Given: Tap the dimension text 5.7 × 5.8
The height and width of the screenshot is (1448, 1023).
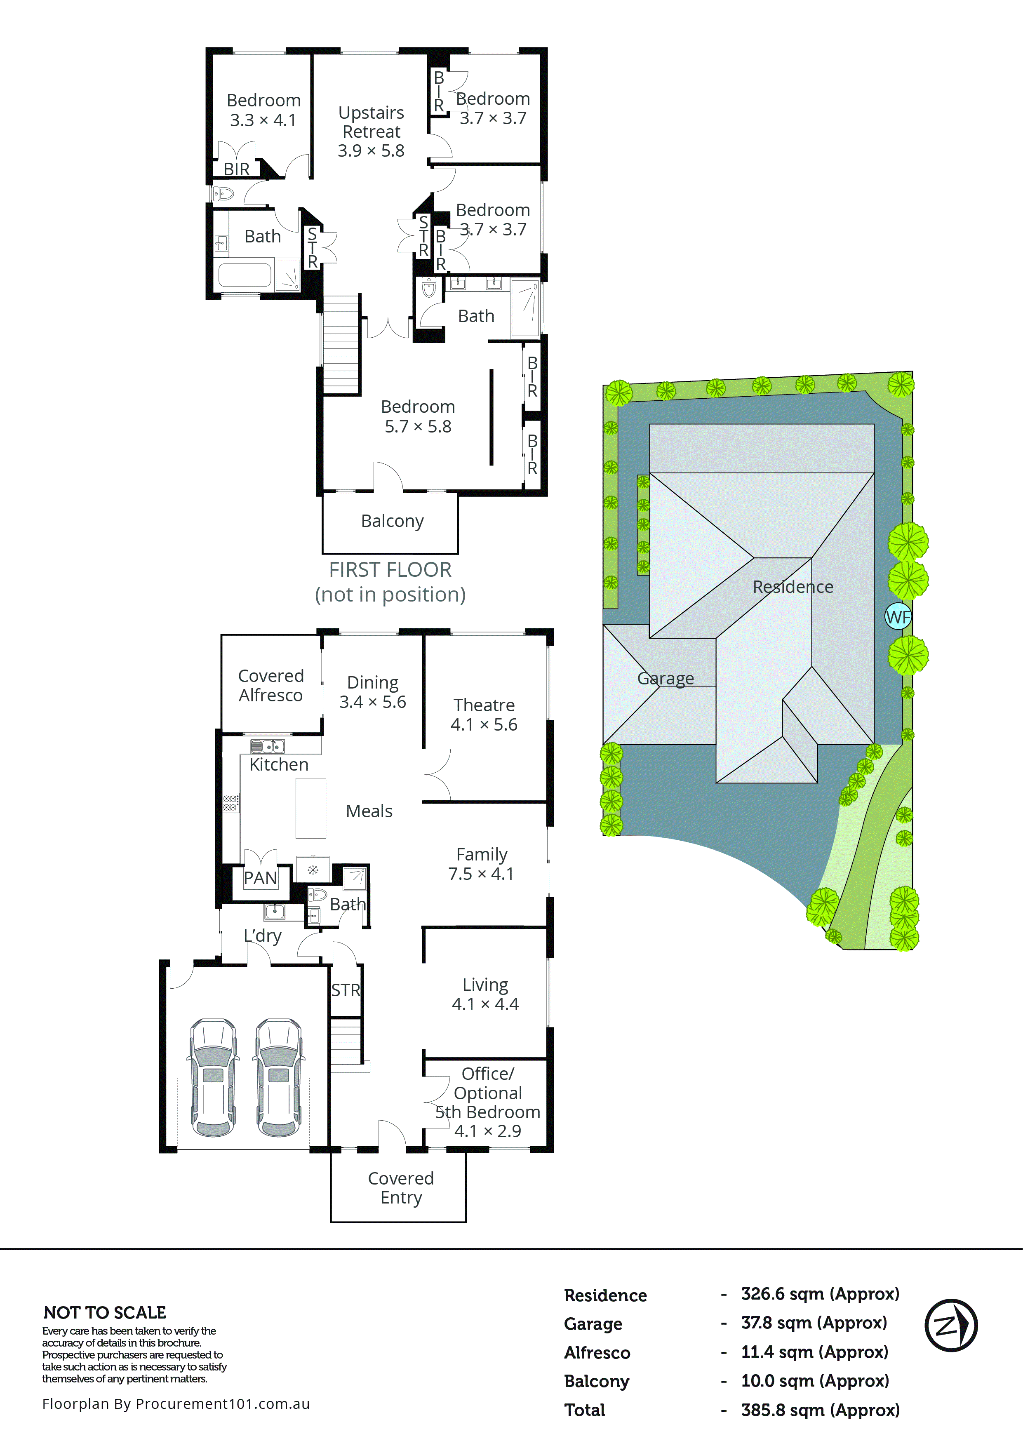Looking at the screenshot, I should [418, 427].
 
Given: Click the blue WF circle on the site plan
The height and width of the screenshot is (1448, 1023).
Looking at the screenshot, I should [898, 617].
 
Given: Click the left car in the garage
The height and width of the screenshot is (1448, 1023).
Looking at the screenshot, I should [213, 1077].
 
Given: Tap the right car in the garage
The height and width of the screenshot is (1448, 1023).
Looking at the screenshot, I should [279, 1077].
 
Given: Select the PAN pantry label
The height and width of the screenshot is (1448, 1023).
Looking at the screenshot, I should [260, 878].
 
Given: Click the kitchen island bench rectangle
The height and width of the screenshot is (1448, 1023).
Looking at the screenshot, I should [311, 808].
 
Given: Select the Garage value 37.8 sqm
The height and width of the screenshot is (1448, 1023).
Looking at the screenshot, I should [814, 1323].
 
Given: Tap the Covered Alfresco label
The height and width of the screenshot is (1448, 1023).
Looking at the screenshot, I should [270, 686].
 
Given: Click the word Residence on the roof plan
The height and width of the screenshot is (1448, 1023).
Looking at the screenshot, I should [793, 587].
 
